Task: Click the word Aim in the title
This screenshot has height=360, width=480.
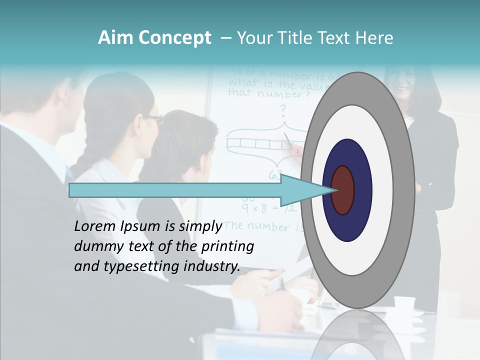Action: pyautogui.click(x=115, y=38)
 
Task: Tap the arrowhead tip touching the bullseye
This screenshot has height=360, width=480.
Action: pyautogui.click(x=334, y=190)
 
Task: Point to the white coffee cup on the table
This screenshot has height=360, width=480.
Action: pyautogui.click(x=404, y=302)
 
